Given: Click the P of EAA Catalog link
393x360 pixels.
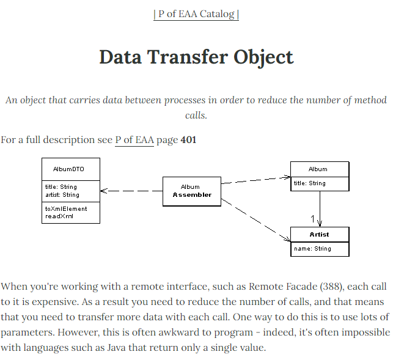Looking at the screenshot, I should pos(196,13).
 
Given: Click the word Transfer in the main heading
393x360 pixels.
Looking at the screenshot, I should pos(190,57).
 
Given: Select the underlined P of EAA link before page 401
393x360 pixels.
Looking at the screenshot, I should pos(134,140).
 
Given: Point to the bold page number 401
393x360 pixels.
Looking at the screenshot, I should pos(188,140).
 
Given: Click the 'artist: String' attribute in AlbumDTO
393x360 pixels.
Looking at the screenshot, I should pos(62,195).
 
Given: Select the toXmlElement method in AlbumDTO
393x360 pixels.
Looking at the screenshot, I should pos(66,208).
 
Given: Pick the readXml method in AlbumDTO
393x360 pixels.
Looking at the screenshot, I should pos(59,216).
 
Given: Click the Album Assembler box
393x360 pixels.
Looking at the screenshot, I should pos(191,191).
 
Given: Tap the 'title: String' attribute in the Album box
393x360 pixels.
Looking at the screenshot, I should pos(310,183).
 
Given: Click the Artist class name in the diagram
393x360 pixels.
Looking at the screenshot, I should pos(319,234).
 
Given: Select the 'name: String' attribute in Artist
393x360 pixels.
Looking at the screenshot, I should pos(312,249).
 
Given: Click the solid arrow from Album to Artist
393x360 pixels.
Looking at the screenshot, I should pos(320,208).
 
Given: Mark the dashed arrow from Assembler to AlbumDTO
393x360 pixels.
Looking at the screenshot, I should pos(131,191).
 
